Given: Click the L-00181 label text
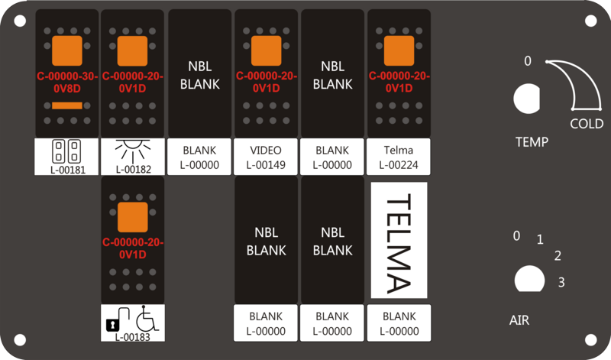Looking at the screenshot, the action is coord(68,170).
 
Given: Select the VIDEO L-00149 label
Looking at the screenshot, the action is coord(266,157).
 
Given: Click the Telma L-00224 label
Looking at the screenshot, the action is coord(399,157).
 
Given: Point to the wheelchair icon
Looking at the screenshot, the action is coord(147,318).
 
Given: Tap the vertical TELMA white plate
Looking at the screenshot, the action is coord(399,240).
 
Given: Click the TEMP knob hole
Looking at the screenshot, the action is coord(526,99).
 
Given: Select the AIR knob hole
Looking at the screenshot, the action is coord(529,279).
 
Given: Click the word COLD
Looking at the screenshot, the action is coord(587,124).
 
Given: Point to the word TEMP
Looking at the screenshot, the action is coord(532,142).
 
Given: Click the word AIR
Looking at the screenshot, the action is coord(519,320).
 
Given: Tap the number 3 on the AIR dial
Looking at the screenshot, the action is coord(561,282).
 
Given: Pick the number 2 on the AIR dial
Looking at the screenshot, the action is coord(558,256).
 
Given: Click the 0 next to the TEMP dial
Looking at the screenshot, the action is coord(527,61).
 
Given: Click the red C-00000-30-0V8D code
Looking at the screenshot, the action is coord(67,83).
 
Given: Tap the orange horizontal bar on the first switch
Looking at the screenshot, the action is coord(67,105).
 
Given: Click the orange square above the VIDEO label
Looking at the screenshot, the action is coord(266,50).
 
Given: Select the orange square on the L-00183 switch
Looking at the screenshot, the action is coord(133,217).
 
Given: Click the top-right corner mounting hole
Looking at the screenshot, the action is coord(590,21).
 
